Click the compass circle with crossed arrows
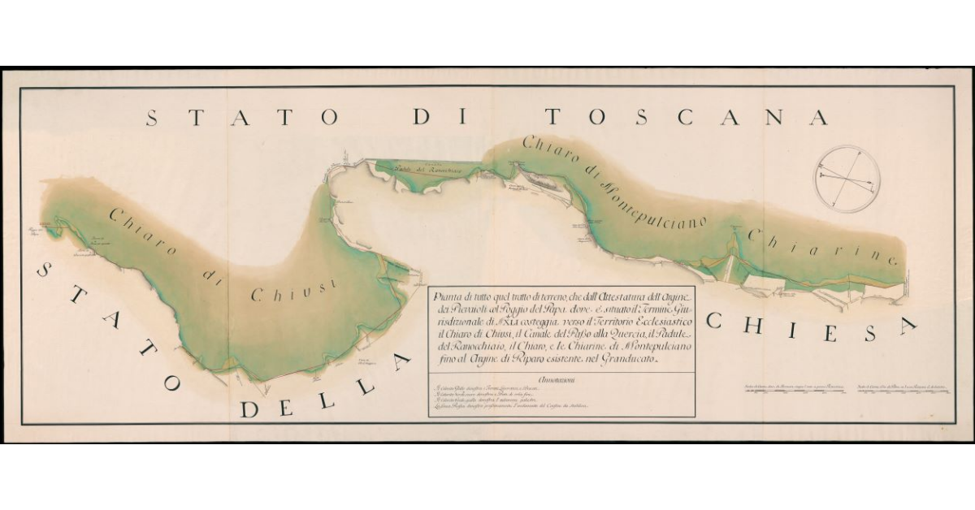click(848, 179)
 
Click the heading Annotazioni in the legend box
click(561, 379)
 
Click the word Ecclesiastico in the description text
click(650, 320)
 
